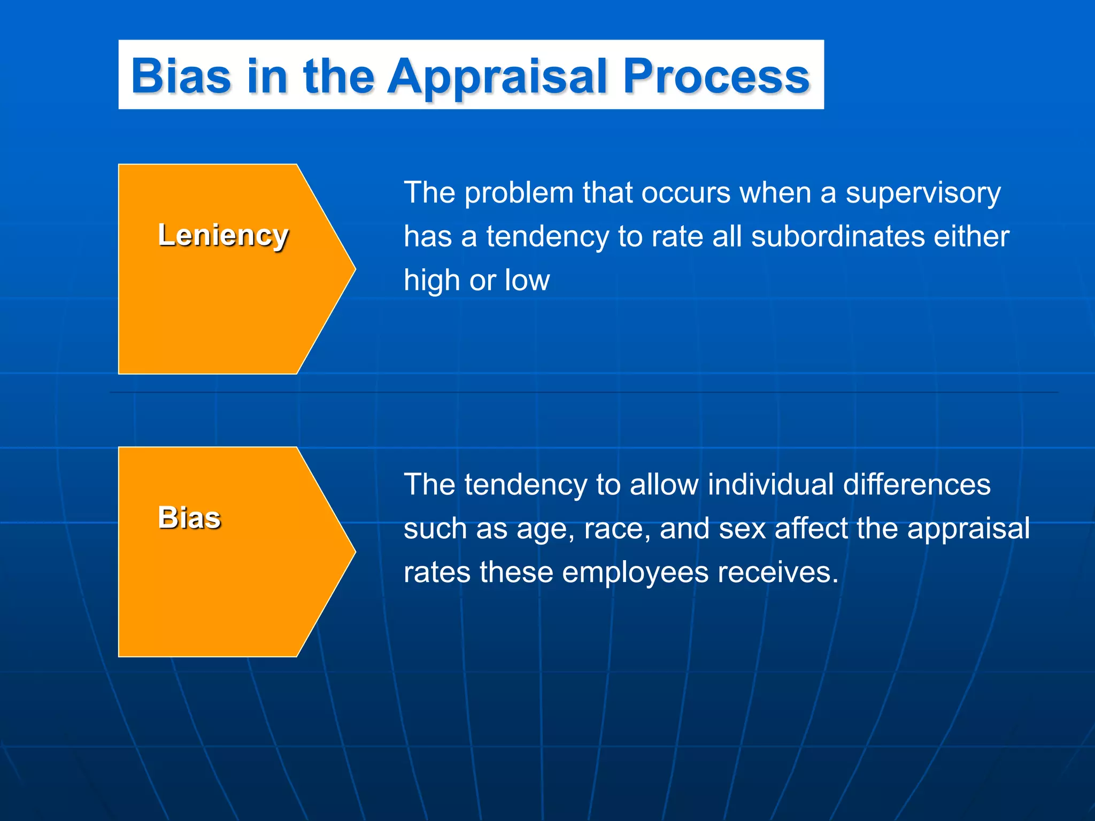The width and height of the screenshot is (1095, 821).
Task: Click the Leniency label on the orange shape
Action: pos(223,235)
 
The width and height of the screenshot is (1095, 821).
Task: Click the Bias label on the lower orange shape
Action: pos(189,517)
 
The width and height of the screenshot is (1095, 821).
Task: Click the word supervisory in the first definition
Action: pos(923,193)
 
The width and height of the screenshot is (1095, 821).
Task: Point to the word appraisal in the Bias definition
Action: pos(968,529)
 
